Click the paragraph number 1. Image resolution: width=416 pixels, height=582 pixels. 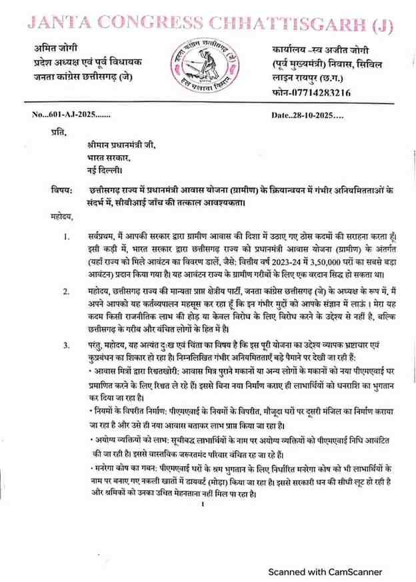click(65, 236)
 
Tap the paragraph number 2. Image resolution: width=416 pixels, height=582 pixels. click(65, 291)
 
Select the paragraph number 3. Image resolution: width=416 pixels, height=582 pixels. click(65, 345)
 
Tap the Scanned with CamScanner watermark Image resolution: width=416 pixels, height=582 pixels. click(324, 571)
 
